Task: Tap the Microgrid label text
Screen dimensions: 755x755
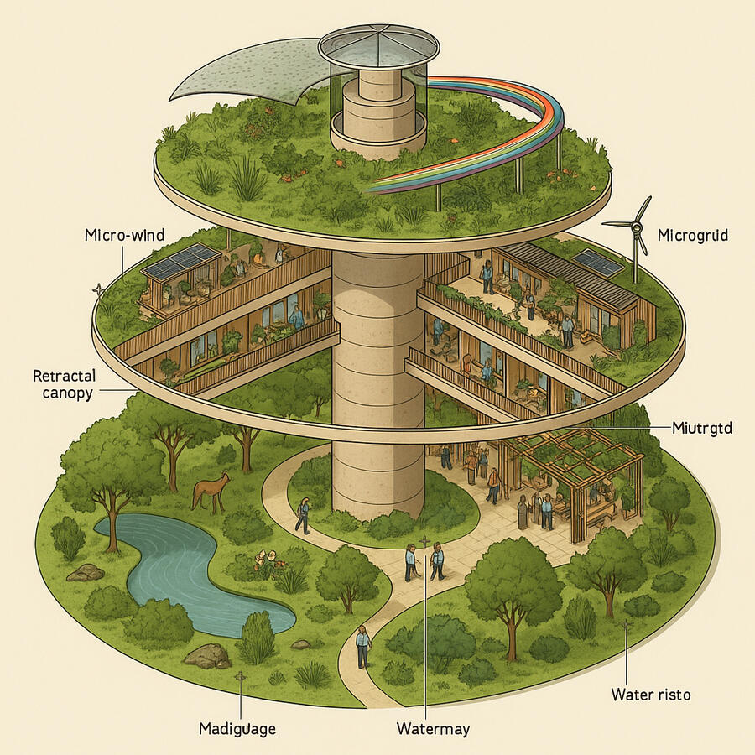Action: pyautogui.click(x=693, y=234)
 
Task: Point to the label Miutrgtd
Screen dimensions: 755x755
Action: pyautogui.click(x=703, y=428)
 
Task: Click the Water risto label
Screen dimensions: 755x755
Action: pyautogui.click(x=650, y=695)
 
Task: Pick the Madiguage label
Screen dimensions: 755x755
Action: pyautogui.click(x=237, y=727)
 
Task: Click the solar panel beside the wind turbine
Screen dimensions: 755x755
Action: pyautogui.click(x=597, y=261)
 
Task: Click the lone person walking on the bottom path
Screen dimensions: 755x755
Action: pyautogui.click(x=362, y=646)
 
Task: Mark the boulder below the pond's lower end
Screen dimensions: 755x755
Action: pyautogui.click(x=206, y=655)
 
